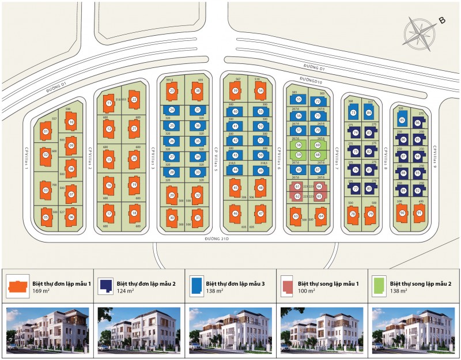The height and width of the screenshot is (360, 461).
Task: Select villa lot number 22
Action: pyautogui.click(x=134, y=99)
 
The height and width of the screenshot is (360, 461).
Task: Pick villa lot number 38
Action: pyautogui.click(x=197, y=91)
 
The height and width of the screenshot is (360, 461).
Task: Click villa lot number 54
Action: pyautogui.click(x=260, y=91)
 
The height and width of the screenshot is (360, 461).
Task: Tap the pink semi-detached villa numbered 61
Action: pyautogui.click(x=297, y=187)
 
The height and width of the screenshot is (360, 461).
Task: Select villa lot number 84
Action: pyautogui.click(x=369, y=113)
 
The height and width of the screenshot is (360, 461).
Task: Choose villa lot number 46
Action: pyautogui.click(x=235, y=213)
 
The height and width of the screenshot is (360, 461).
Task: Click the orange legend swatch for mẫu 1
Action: pyautogui.click(x=17, y=286)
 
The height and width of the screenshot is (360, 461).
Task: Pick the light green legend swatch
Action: pyautogui.click(x=380, y=286)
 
